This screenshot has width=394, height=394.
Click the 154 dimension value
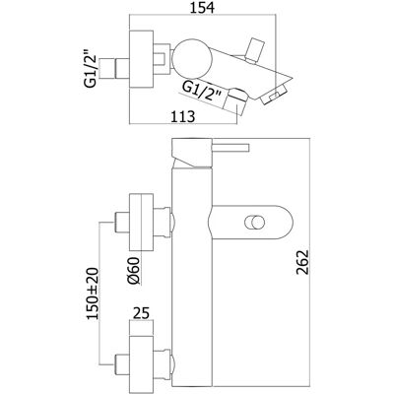pos(202,8)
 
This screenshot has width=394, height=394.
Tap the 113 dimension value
pos(182,116)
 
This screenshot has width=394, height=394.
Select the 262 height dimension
pos(302,262)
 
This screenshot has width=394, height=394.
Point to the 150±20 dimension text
pos(93,294)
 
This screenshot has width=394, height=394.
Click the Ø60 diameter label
pos(135,270)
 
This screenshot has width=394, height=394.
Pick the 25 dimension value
pos(141,313)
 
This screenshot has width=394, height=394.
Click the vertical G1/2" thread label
pos(91,68)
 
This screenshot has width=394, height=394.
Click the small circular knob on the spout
pos(254,223)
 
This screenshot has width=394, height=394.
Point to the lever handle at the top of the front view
pos(230,148)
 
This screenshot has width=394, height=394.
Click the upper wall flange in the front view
pos(142,223)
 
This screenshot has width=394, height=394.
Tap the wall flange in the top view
pos(142,59)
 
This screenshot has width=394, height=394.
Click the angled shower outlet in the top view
pos(235,100)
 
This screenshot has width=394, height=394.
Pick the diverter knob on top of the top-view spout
pos(256,50)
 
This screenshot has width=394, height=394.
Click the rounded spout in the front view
pos(250,223)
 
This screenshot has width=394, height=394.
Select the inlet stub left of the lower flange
pos(122,364)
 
